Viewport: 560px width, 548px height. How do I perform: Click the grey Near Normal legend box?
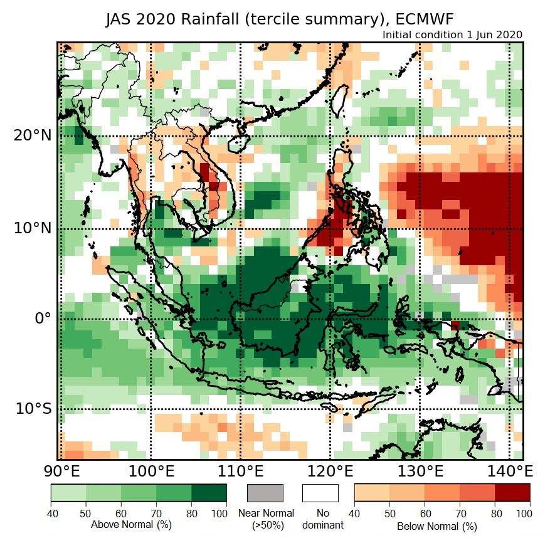point(265,493)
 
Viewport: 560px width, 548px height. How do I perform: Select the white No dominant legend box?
point(320,493)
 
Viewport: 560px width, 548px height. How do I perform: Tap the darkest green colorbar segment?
point(209,493)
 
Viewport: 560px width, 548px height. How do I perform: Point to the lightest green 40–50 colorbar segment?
point(68,493)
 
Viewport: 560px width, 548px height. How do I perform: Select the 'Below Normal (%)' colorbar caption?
point(437,526)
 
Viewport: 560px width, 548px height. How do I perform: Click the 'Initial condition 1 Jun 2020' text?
point(452,34)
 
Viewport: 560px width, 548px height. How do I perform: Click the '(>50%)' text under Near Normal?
point(266,525)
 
